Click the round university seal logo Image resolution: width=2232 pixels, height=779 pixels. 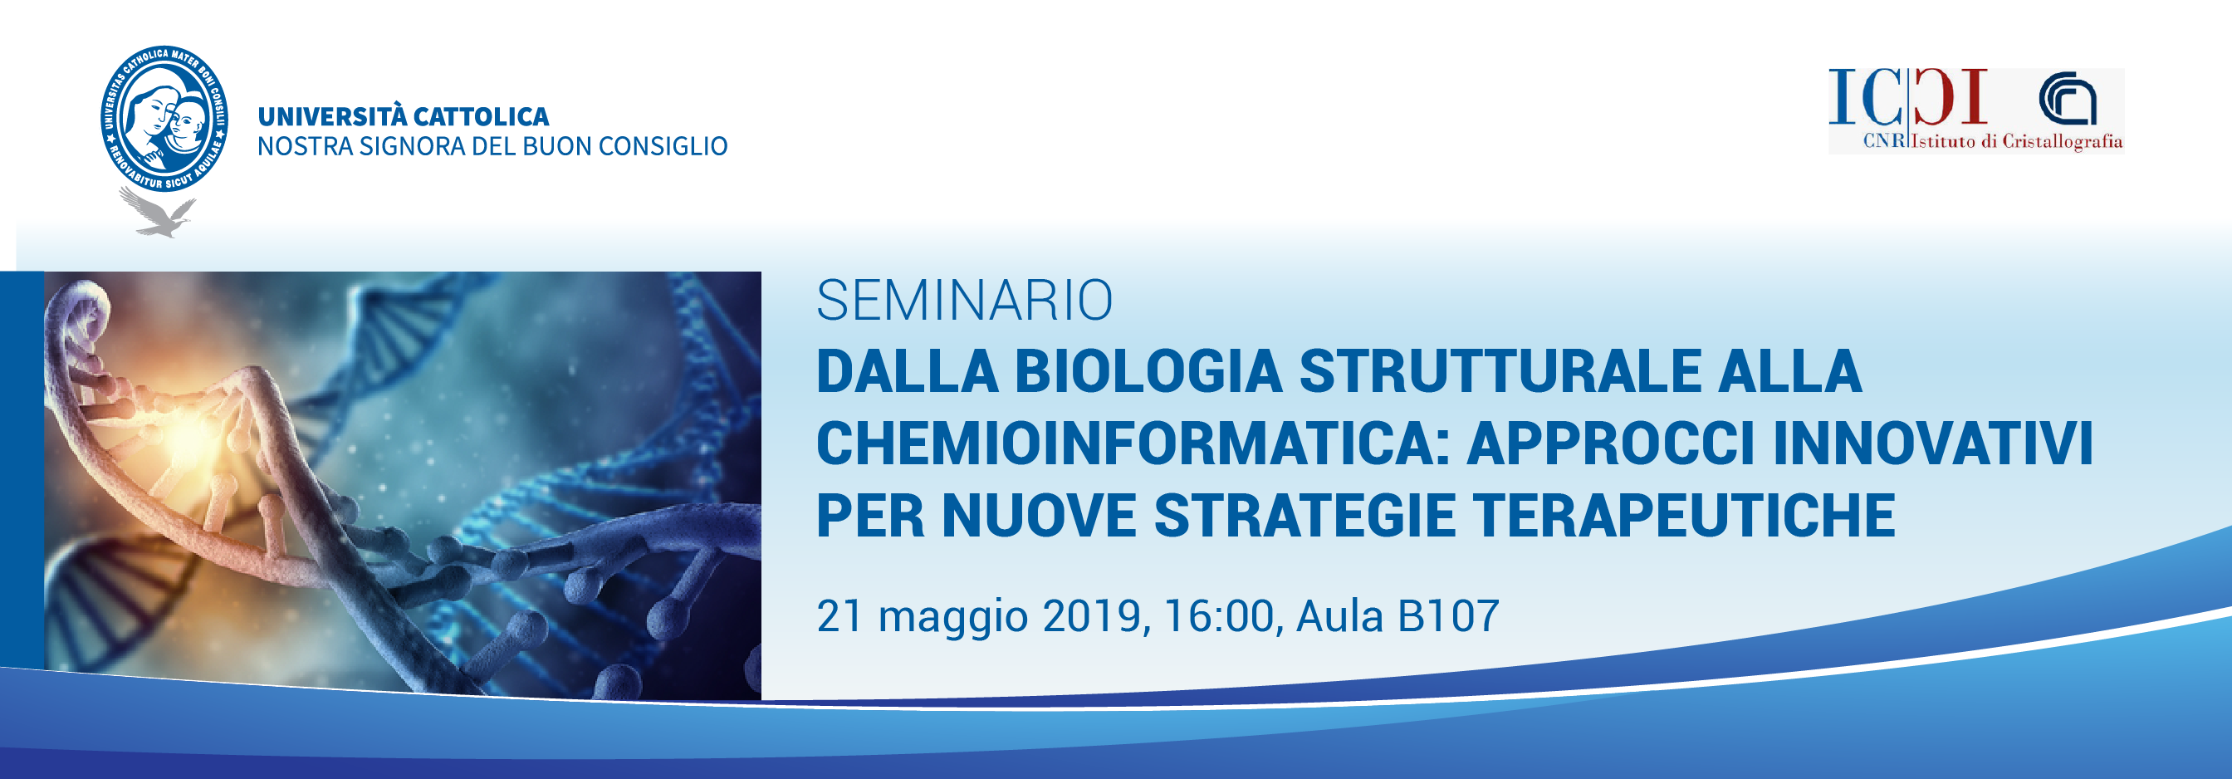pos(164,119)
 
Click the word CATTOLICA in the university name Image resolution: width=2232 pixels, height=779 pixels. pos(481,117)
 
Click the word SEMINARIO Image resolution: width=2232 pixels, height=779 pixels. pos(964,301)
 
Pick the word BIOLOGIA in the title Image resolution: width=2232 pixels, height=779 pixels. pos(1148,371)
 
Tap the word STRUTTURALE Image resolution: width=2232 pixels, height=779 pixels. pos(1500,371)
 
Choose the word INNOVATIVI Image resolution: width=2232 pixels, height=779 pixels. pos(1933,443)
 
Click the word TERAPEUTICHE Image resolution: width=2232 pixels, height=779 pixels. pos(1685,516)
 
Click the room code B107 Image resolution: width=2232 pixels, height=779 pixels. pos(1448,615)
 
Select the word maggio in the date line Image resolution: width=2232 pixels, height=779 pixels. pos(953,619)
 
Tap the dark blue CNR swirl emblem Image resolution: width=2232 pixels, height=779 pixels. pos(2068,99)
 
